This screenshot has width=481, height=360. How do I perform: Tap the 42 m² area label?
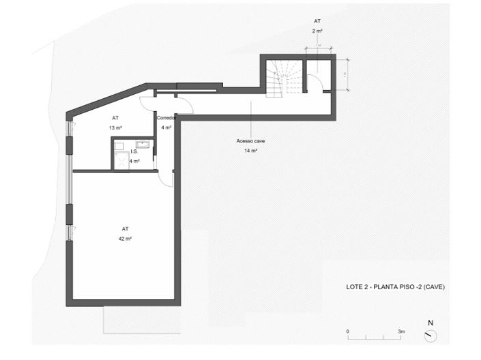pyautogui.click(x=125, y=239)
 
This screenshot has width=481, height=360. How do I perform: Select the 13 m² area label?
pyautogui.click(x=115, y=127)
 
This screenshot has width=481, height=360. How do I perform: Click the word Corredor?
pyautogui.click(x=167, y=118)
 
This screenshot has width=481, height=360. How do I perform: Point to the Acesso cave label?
pyautogui.click(x=250, y=140)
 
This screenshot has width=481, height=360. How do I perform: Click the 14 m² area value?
pyautogui.click(x=250, y=149)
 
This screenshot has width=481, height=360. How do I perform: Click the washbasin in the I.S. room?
pyautogui.click(x=144, y=143)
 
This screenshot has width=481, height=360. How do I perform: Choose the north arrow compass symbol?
pyautogui.click(x=430, y=335)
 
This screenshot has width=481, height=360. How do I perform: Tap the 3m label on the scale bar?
pyautogui.click(x=402, y=331)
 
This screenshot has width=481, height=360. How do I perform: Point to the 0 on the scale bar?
pyautogui.click(x=348, y=331)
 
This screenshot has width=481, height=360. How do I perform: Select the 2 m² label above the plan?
pyautogui.click(x=317, y=31)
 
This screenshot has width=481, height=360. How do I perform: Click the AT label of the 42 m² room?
pyautogui.click(x=125, y=229)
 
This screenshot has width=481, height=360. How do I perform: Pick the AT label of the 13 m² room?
pyautogui.click(x=115, y=117)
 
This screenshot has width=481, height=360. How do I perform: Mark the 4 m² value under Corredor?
pyautogui.click(x=167, y=127)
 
